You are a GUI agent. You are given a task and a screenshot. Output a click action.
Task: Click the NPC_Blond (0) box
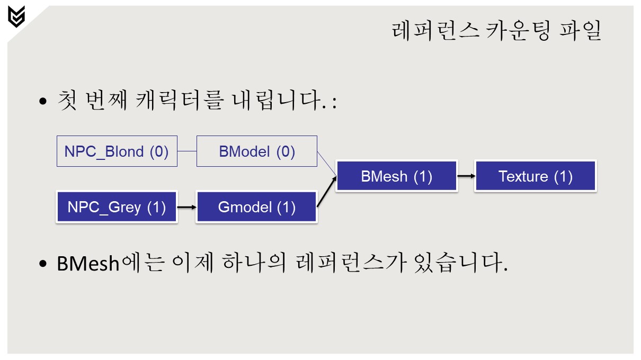117,151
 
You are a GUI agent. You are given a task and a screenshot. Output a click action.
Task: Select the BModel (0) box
257,151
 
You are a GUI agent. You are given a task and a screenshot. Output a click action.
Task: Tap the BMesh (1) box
396,176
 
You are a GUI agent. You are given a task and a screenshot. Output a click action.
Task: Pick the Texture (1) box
536,176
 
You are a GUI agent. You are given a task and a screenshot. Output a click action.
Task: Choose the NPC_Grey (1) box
117,207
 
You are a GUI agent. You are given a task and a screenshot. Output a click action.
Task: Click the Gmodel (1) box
257,207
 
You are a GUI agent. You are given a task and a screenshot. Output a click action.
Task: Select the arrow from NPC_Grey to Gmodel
186,207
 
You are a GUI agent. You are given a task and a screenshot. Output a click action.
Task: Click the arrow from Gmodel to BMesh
326,191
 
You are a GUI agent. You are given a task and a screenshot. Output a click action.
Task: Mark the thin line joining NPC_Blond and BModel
186,151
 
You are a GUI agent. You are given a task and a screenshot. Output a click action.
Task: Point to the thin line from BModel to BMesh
326,164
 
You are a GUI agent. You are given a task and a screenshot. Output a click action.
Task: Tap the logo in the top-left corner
16,16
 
